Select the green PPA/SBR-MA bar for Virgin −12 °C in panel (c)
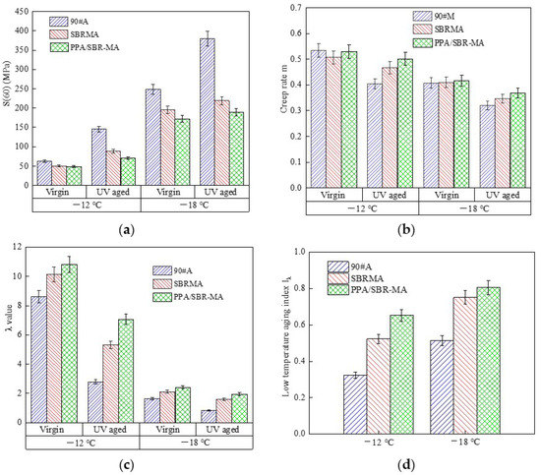69,343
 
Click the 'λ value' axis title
8,334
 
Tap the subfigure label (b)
409,228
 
